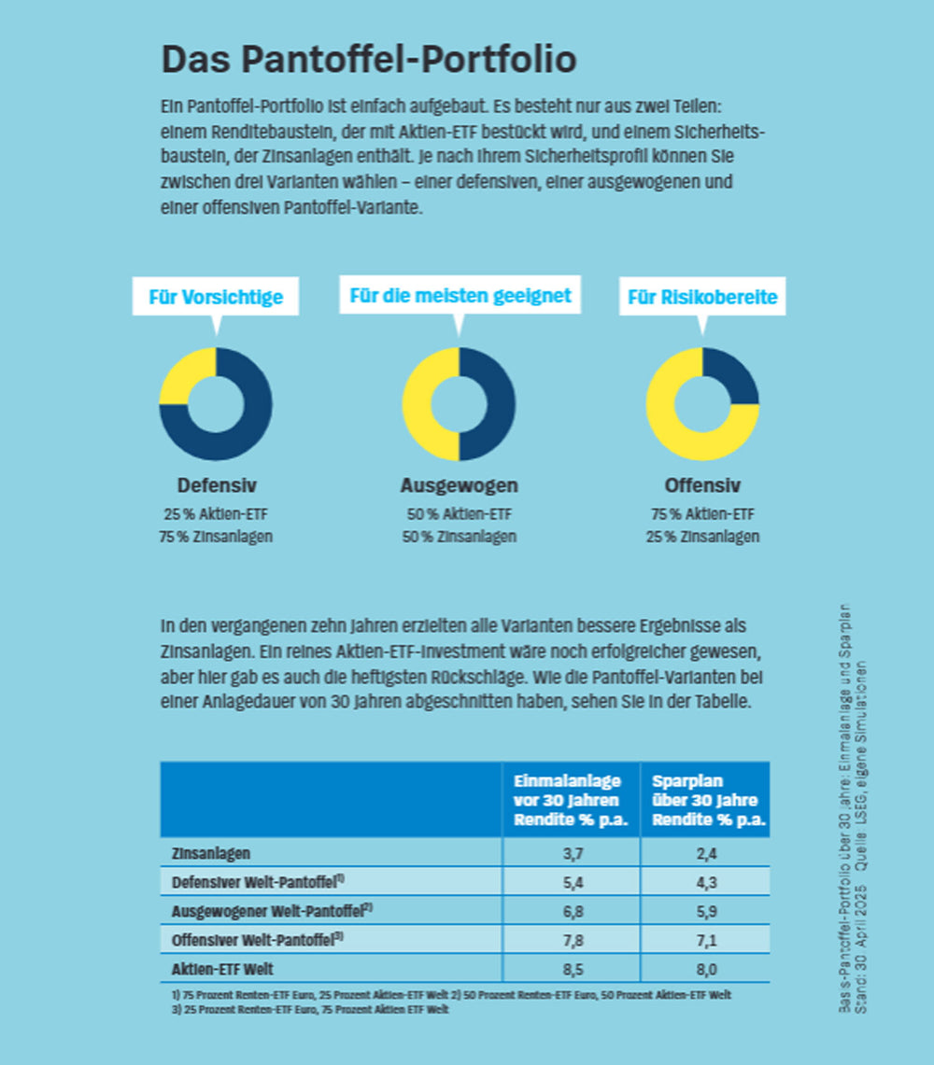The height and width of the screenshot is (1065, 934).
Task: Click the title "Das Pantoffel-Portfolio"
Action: point(369,60)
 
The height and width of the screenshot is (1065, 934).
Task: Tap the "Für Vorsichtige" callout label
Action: point(216,297)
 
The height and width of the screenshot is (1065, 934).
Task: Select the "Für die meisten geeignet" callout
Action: point(460,296)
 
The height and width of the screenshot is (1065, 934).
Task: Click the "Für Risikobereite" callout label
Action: point(702,298)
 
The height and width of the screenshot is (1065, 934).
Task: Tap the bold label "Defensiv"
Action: point(217,485)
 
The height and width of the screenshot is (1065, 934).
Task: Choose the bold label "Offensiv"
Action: point(702,485)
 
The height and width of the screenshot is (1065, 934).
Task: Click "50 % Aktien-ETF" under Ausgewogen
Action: point(459,514)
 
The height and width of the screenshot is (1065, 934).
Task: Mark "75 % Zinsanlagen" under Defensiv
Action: point(217,537)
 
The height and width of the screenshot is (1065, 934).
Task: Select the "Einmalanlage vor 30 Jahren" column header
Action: point(571,800)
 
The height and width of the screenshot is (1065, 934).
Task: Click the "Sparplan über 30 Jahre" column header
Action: point(706,800)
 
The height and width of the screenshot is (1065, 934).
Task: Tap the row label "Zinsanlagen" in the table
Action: point(211,853)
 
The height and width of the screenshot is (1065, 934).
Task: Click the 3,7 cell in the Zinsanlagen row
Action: point(571,853)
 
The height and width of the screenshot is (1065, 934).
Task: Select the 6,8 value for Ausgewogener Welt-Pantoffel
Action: point(571,910)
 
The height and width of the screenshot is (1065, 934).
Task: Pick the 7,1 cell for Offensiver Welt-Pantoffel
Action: point(706,939)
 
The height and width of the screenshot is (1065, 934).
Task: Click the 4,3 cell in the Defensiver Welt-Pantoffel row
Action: point(706,882)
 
